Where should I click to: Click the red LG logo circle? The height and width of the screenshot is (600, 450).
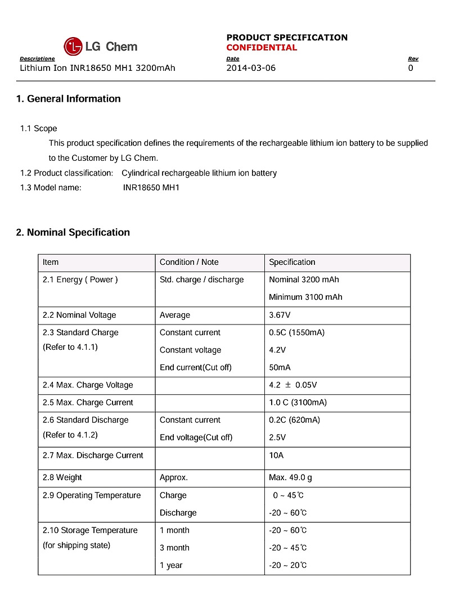[73, 47]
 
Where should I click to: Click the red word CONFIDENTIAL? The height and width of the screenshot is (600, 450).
[262, 48]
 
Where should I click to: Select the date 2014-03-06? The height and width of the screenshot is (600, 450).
[251, 68]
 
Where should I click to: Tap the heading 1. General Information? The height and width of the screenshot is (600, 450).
[68, 99]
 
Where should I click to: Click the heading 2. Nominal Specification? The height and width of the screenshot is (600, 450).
[73, 233]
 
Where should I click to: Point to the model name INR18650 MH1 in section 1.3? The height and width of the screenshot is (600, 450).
[151, 188]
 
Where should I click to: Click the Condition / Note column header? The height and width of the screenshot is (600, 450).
[189, 263]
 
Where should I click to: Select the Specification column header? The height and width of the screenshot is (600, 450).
[292, 263]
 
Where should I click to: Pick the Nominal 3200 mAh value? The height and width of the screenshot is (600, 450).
[304, 280]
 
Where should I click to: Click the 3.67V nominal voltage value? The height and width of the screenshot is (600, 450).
[280, 315]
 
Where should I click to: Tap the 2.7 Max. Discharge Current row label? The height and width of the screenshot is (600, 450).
[93, 455]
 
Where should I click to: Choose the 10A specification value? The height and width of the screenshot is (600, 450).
[276, 455]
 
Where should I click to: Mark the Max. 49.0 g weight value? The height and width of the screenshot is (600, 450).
[290, 478]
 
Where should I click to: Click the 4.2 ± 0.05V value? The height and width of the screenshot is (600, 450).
[292, 386]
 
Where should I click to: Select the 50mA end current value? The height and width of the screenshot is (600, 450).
[280, 368]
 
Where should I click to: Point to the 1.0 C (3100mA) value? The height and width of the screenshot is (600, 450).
[298, 403]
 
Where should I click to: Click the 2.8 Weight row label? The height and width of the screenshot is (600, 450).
[62, 478]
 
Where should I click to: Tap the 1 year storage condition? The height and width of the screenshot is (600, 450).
[171, 566]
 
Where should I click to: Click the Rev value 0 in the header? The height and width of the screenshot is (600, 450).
[411, 68]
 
